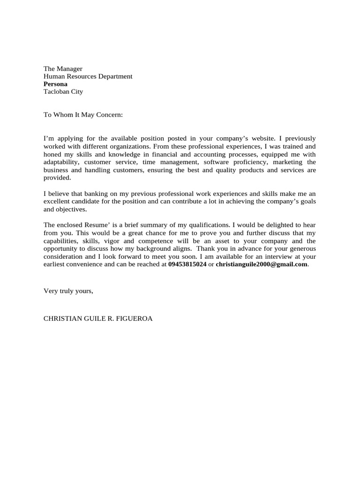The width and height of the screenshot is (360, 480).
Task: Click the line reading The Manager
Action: (63, 69)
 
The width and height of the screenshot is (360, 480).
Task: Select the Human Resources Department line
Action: (88, 76)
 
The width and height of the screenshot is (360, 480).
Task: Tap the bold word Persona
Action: (55, 84)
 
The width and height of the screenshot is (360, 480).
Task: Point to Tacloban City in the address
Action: (63, 91)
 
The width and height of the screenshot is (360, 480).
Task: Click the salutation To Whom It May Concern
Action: (83, 114)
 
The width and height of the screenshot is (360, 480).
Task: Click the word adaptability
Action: (61, 162)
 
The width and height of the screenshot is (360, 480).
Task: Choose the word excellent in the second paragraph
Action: (58, 202)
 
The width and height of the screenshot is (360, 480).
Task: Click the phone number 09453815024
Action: (187, 264)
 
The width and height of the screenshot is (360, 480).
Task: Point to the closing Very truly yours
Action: (68, 291)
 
